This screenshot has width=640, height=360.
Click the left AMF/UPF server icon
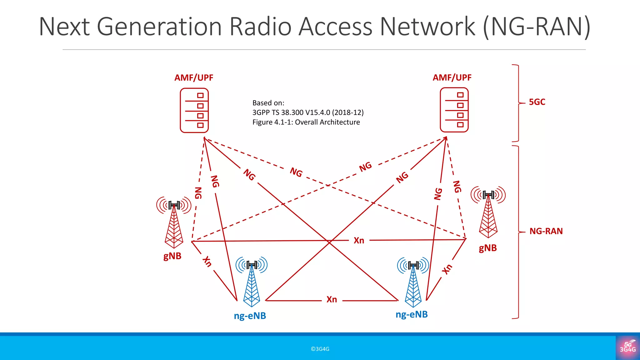[194, 110]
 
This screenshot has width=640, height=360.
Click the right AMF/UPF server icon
[454, 110]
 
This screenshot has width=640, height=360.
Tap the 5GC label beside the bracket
[537, 102]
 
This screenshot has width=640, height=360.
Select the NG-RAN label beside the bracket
[546, 231]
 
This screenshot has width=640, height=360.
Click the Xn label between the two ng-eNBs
[332, 300]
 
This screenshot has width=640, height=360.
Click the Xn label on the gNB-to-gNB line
[359, 241]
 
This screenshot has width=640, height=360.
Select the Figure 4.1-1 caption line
[306, 122]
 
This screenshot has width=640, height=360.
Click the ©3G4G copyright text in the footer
[320, 349]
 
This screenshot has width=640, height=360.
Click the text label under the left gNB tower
[172, 256]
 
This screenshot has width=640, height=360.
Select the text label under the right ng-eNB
[412, 314]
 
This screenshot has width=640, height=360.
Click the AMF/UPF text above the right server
[452, 77]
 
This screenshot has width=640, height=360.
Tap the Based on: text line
[268, 103]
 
